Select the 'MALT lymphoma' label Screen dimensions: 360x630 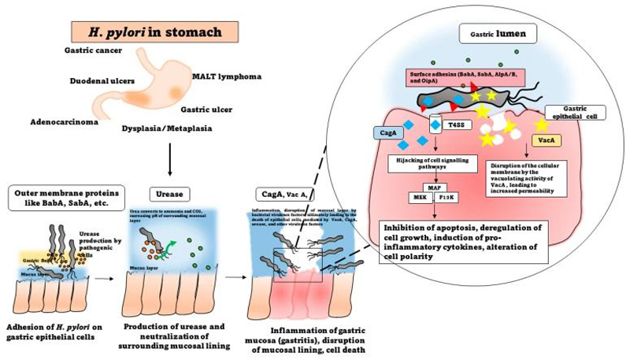click(x=228, y=77)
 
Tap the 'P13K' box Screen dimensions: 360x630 click(x=447, y=196)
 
